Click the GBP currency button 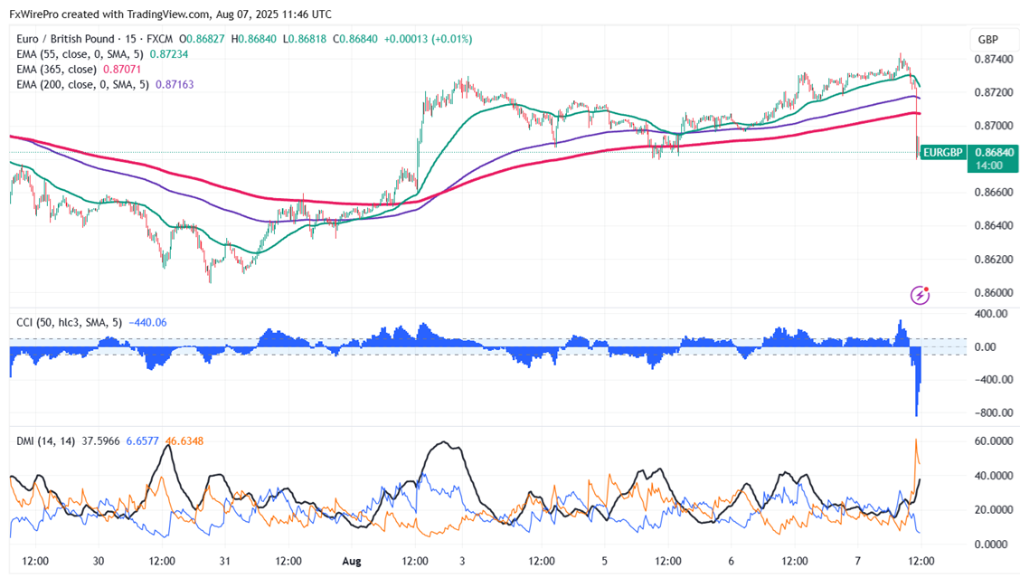987,40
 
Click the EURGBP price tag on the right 942,153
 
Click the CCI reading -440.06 148,322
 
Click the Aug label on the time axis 351,561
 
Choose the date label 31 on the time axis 224,561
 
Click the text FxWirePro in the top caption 35,14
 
